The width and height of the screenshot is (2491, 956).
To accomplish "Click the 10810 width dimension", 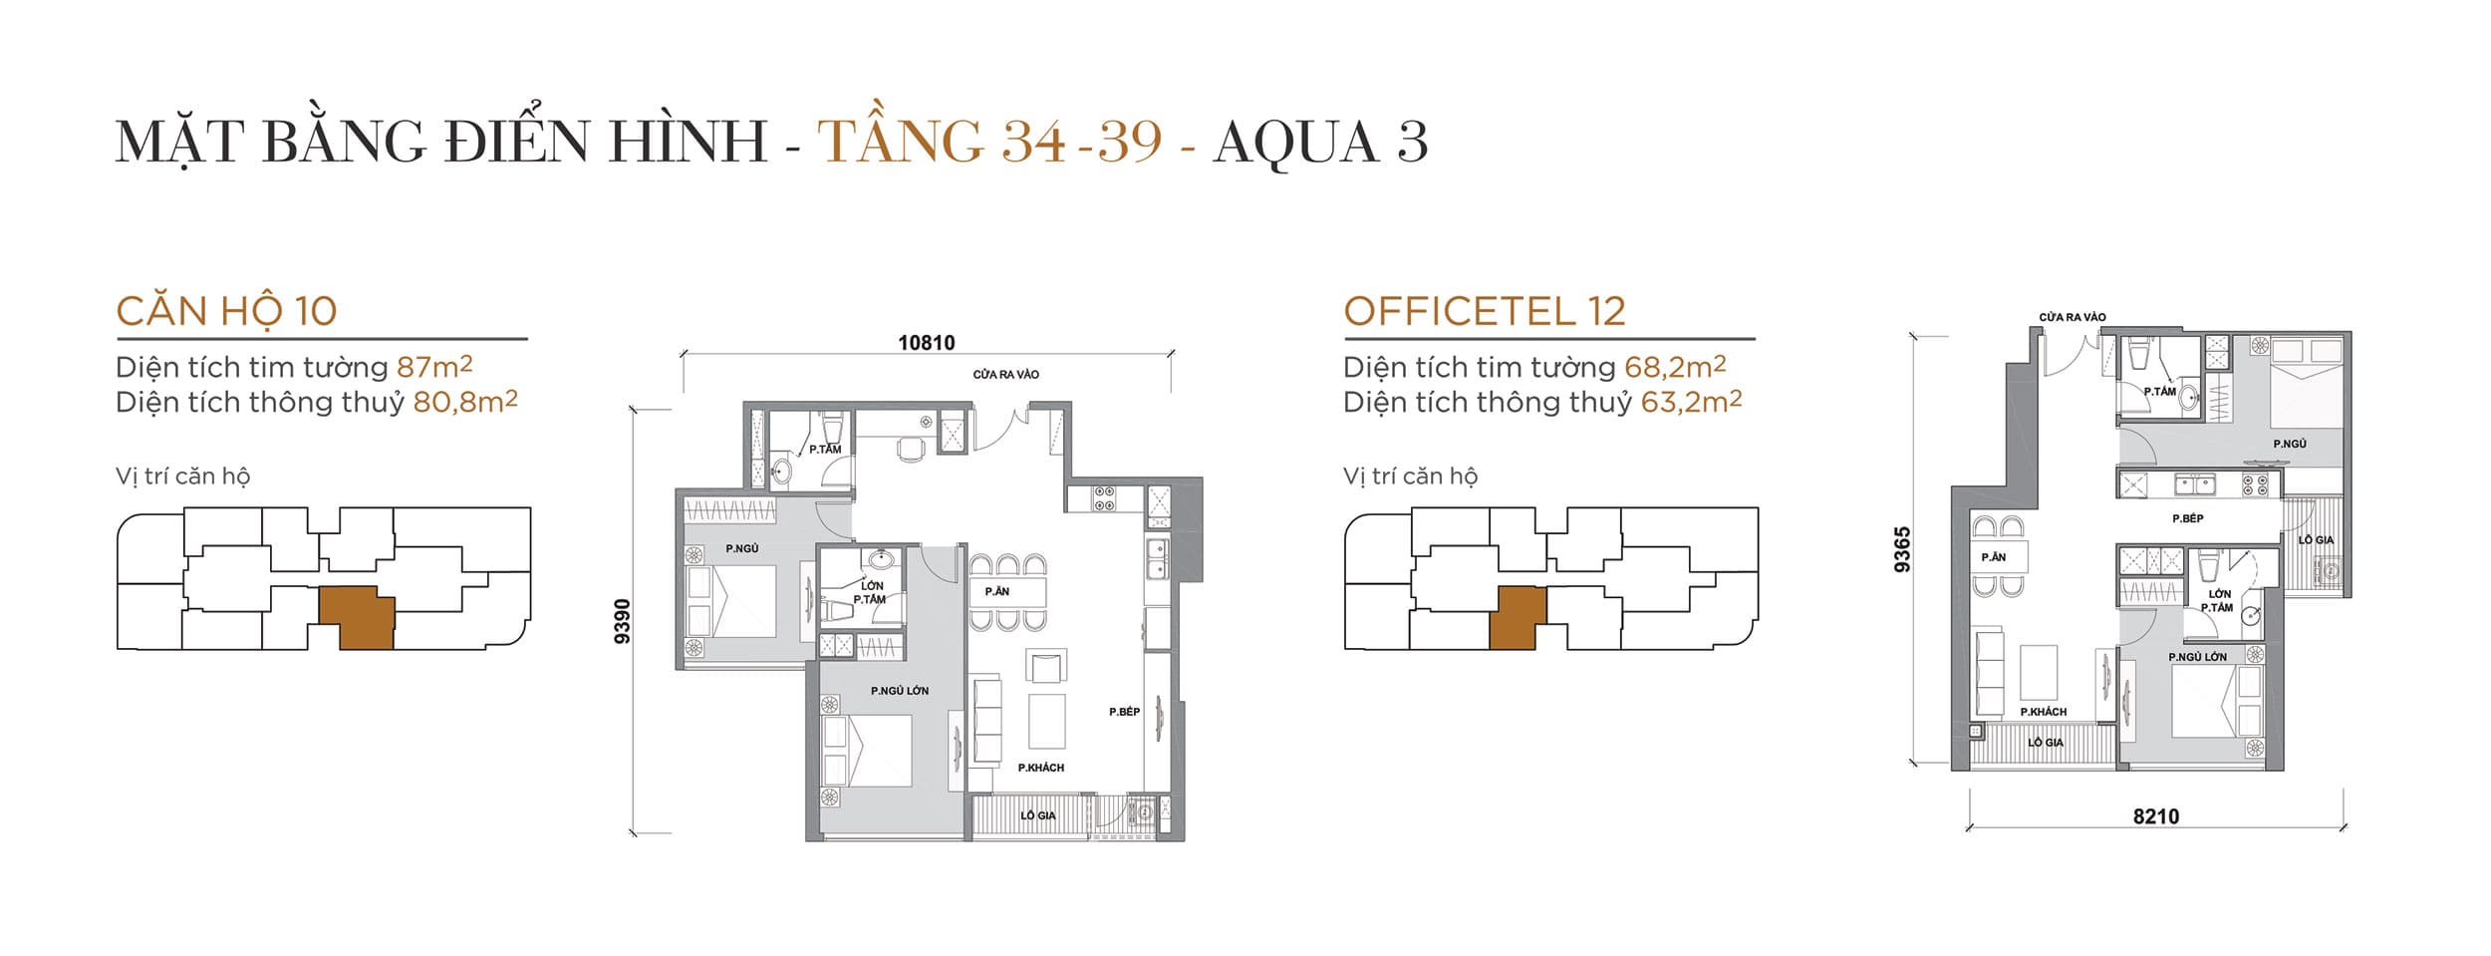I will click(x=926, y=343).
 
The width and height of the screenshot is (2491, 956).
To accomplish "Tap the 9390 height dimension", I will click(x=623, y=621).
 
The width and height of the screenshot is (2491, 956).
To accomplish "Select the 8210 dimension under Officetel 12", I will click(x=2155, y=816).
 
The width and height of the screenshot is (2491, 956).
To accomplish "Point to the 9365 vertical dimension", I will click(x=1902, y=549).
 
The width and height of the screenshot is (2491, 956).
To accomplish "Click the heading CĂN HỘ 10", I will click(x=226, y=311).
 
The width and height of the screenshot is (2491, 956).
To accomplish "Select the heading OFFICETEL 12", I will click(x=1484, y=311).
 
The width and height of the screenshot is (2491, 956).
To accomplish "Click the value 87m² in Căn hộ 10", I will click(x=433, y=367).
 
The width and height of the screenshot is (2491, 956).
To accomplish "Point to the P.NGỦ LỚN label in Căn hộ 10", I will click(x=899, y=691).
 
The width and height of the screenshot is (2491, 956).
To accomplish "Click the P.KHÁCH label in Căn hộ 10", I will click(x=1040, y=768).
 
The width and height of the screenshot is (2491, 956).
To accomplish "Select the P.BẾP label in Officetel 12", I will click(x=2187, y=518).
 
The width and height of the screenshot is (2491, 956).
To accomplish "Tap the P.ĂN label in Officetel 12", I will click(x=1993, y=557).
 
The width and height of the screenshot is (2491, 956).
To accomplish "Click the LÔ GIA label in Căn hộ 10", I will click(x=1037, y=815).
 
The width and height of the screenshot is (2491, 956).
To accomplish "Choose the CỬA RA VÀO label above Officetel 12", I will click(x=2072, y=317).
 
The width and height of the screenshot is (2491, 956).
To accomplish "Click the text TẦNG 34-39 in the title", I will click(x=989, y=141).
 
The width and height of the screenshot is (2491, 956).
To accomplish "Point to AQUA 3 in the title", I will click(x=1320, y=141).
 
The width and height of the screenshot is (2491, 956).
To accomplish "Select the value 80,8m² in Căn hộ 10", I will click(x=465, y=402).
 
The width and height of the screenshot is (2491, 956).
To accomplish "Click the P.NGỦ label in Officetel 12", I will click(x=2289, y=444).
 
